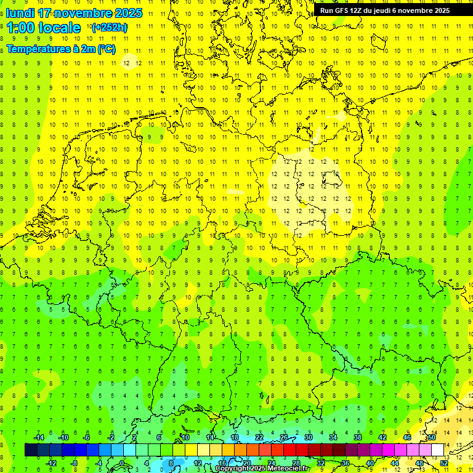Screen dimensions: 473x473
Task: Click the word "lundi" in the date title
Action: tap(20, 13)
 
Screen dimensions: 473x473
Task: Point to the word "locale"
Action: tap(59, 28)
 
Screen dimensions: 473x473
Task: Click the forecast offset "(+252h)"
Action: tap(109, 28)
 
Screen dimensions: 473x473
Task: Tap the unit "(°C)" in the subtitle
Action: tap(105, 49)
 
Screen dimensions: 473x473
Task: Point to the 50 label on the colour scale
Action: tap(432, 437)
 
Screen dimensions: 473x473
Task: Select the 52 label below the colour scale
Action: tap(444, 463)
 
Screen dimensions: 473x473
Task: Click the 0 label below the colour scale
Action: tap(122, 463)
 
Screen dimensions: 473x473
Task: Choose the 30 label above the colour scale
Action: tap(309, 437)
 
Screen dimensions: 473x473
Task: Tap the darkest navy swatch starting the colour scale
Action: tap(31, 450)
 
